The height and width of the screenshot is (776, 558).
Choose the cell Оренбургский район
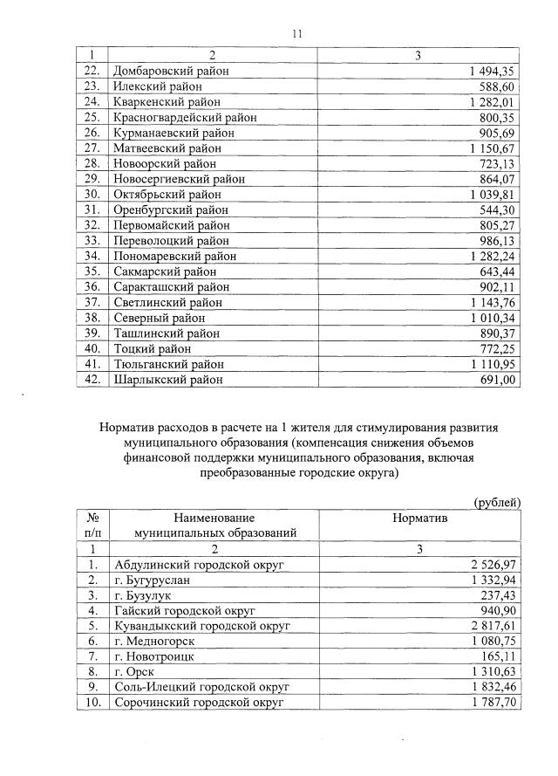(x=172, y=209)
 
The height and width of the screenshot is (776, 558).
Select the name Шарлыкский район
(x=168, y=380)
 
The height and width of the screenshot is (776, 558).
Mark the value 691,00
(x=500, y=380)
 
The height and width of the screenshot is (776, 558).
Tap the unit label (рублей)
(x=497, y=502)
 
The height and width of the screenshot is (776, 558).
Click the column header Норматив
(x=420, y=518)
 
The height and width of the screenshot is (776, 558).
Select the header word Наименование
(x=214, y=518)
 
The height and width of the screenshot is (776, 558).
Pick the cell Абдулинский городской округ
(x=200, y=565)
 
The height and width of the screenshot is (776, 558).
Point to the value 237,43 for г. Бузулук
(x=500, y=595)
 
